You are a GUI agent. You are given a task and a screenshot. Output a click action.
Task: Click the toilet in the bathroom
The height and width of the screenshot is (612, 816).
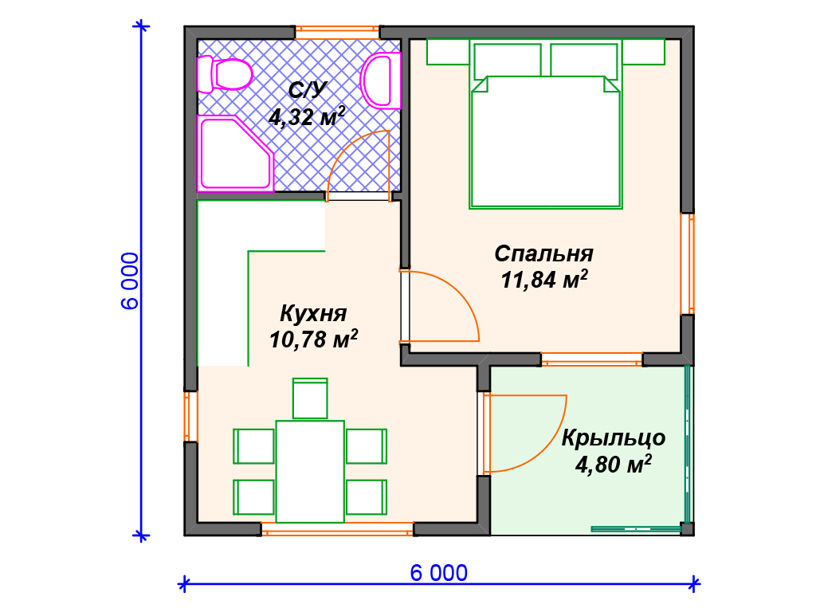point(224,74)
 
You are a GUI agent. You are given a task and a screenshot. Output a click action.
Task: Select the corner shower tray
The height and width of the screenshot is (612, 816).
point(235,154)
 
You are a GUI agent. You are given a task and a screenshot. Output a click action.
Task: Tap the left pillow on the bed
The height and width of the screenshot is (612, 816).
point(508,60)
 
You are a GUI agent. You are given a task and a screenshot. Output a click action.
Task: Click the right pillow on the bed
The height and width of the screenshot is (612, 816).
point(584,60)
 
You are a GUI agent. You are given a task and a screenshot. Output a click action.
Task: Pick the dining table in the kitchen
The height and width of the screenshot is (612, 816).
point(310,472)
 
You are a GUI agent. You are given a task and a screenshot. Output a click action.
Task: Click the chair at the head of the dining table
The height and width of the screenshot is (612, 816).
point(310,398)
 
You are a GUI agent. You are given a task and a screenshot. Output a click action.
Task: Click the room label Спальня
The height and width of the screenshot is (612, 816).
point(543,254)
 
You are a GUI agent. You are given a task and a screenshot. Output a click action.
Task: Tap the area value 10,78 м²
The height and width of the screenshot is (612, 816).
point(313,339)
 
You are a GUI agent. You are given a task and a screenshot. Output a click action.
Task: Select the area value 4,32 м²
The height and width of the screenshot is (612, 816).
point(307,116)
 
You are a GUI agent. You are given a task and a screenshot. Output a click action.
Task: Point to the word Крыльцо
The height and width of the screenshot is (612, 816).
point(613,438)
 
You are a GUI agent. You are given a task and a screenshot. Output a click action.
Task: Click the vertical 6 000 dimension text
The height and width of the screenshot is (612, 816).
point(130,281)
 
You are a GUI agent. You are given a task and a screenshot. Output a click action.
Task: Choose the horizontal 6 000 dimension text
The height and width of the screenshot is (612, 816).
point(439,573)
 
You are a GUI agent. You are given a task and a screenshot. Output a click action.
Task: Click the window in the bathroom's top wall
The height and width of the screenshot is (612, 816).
point(337,32)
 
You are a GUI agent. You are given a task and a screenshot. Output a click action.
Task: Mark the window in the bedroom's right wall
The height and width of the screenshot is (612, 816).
point(688,264)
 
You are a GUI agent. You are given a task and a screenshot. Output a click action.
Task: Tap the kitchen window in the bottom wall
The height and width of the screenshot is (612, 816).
point(337,529)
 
